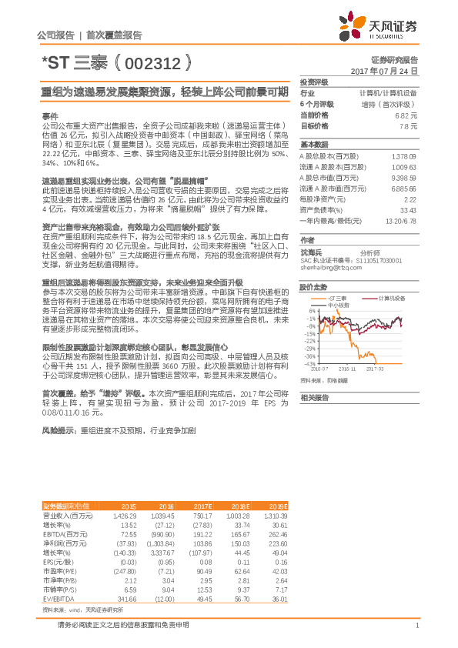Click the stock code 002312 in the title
click(149, 59)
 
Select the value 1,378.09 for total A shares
click(404, 155)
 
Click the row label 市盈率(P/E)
click(60, 570)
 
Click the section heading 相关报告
click(314, 397)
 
